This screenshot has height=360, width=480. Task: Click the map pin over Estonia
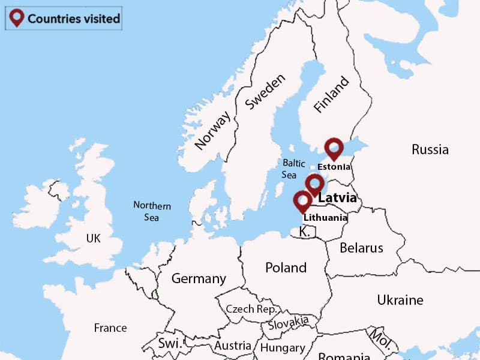[x=334, y=148]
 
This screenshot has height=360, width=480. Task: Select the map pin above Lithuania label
[x=302, y=201]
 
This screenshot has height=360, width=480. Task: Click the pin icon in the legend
[x=17, y=18]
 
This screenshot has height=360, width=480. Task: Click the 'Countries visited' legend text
[x=73, y=19]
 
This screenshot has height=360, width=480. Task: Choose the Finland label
[x=331, y=94]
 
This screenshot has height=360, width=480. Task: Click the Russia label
[x=430, y=149]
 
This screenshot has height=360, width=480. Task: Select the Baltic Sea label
[x=293, y=169]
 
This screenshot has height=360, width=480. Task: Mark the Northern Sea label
[x=152, y=211]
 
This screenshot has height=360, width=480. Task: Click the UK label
[x=93, y=238]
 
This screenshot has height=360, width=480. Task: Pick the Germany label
[x=199, y=278]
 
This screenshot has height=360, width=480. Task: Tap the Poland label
[x=286, y=268]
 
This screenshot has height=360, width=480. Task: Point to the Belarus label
[x=361, y=248]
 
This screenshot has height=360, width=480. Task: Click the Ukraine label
[x=400, y=300]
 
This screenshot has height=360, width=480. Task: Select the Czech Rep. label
[x=251, y=309]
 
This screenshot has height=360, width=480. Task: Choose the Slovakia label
[x=288, y=324]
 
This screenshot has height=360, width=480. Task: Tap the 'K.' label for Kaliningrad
[x=304, y=232]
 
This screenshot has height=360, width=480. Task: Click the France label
[x=110, y=328]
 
